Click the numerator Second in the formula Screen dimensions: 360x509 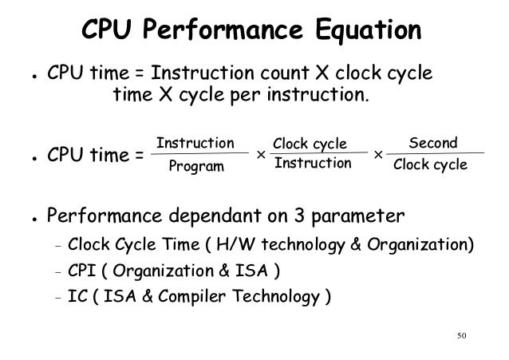coord(432,144)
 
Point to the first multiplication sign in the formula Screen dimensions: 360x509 coord(260,155)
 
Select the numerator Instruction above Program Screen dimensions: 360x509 coord(195,144)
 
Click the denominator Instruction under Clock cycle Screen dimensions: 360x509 coord(312,164)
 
